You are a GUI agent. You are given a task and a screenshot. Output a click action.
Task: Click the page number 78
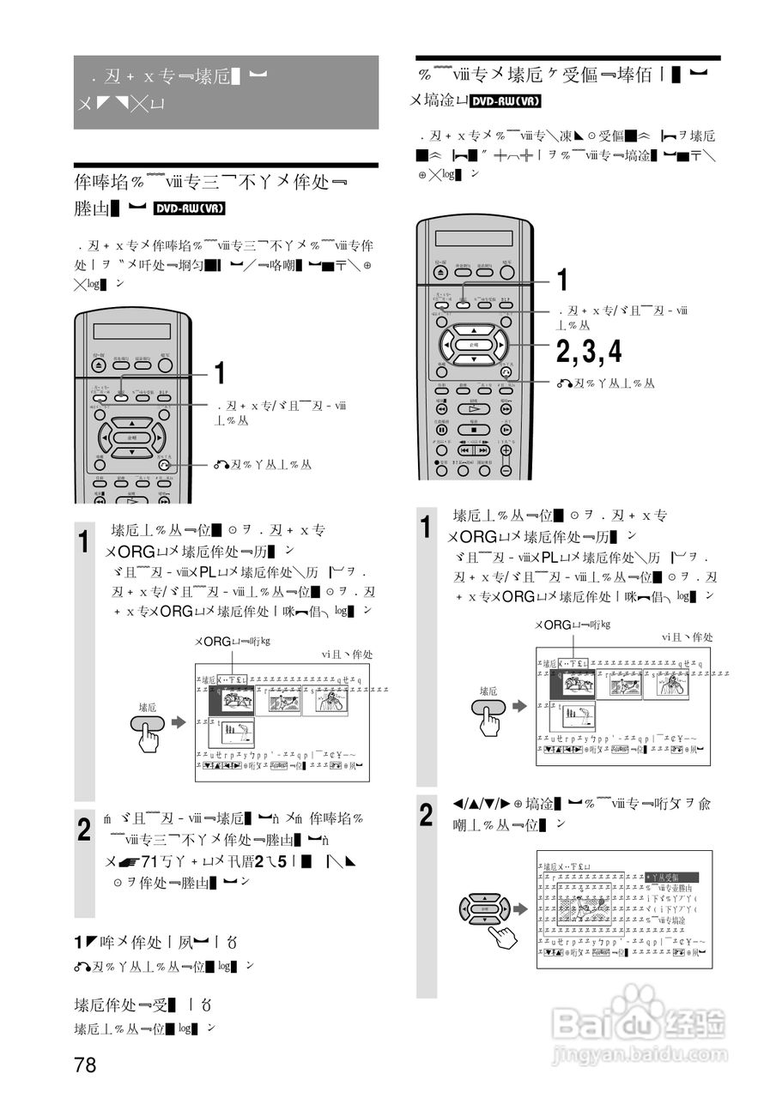(x=85, y=1065)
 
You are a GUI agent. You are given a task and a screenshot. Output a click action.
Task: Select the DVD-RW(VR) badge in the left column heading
(x=191, y=208)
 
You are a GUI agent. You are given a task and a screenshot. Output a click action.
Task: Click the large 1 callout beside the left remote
(x=220, y=373)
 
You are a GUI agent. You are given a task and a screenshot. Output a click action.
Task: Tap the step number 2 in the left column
(x=84, y=830)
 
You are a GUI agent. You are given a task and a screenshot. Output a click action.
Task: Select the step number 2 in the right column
(x=427, y=815)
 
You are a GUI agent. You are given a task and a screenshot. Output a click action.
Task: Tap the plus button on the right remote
(x=506, y=449)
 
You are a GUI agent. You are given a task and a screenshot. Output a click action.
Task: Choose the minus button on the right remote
(x=506, y=469)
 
